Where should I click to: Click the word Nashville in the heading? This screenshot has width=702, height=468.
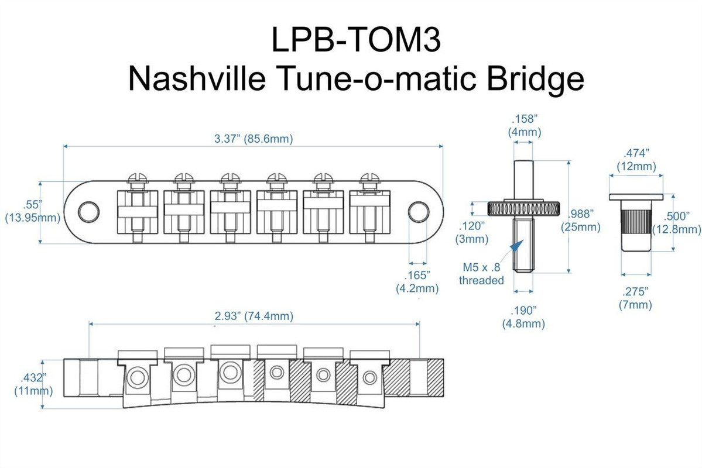194,79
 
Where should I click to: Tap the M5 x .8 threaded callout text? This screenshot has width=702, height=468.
481,274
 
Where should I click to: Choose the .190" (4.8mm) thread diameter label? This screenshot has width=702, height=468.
525,317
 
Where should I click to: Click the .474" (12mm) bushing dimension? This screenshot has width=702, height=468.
636,160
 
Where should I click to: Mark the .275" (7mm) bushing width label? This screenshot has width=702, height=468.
635,298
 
